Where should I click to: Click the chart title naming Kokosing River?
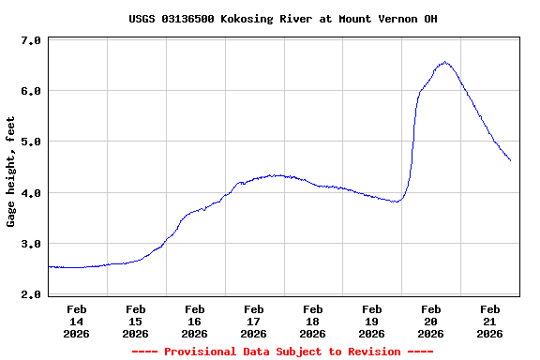pos(282,19)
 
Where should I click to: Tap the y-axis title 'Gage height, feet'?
pos(11,172)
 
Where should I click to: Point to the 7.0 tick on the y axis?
pos(30,40)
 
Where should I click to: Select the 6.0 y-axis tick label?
pos(30,91)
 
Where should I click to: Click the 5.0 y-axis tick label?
pos(30,142)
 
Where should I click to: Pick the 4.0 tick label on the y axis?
pos(30,193)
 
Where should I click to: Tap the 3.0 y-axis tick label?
pos(30,244)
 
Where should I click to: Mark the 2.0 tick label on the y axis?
pos(30,294)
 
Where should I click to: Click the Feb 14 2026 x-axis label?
pos(77,321)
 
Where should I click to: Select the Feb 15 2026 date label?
pos(136,321)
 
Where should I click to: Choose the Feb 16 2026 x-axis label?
pos(195,321)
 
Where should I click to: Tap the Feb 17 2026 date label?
pos(254,321)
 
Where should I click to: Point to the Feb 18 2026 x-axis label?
pos(313,321)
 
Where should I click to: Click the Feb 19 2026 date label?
pos(372,321)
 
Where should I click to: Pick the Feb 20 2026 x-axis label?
pos(431,321)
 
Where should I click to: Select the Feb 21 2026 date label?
pos(490,321)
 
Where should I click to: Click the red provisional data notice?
pos(282,352)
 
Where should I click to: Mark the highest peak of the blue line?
pos(444,63)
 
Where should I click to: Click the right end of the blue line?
pos(510,160)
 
